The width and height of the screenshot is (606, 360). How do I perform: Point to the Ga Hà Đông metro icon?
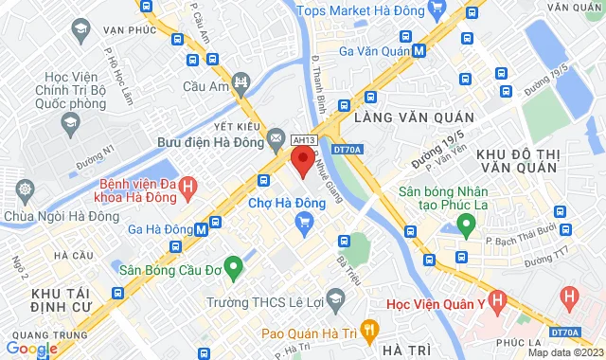pyautogui.click(x=201, y=228)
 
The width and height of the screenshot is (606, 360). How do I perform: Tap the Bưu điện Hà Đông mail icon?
pyautogui.click(x=276, y=140)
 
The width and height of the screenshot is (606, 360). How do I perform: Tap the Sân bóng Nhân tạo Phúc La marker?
pyautogui.click(x=465, y=225)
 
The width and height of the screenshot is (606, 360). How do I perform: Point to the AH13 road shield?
pyautogui.click(x=302, y=138)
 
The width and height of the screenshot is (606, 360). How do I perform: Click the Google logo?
pyautogui.click(x=31, y=349)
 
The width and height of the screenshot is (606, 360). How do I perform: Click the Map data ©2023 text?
pyautogui.click(x=565, y=353)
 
